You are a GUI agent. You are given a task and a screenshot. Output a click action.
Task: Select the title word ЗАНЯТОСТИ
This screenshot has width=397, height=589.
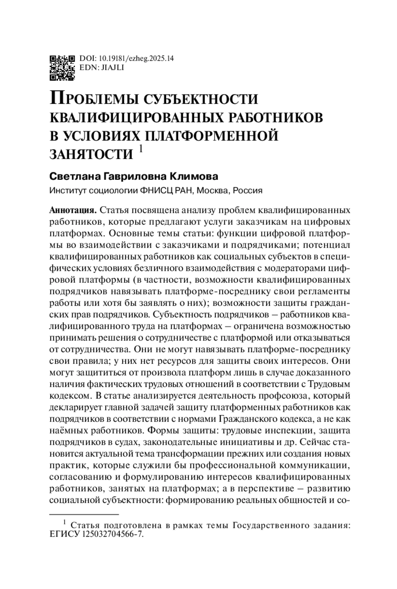(x=91, y=154)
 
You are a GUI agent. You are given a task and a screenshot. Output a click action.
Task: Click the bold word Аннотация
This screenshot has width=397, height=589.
(x=72, y=210)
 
